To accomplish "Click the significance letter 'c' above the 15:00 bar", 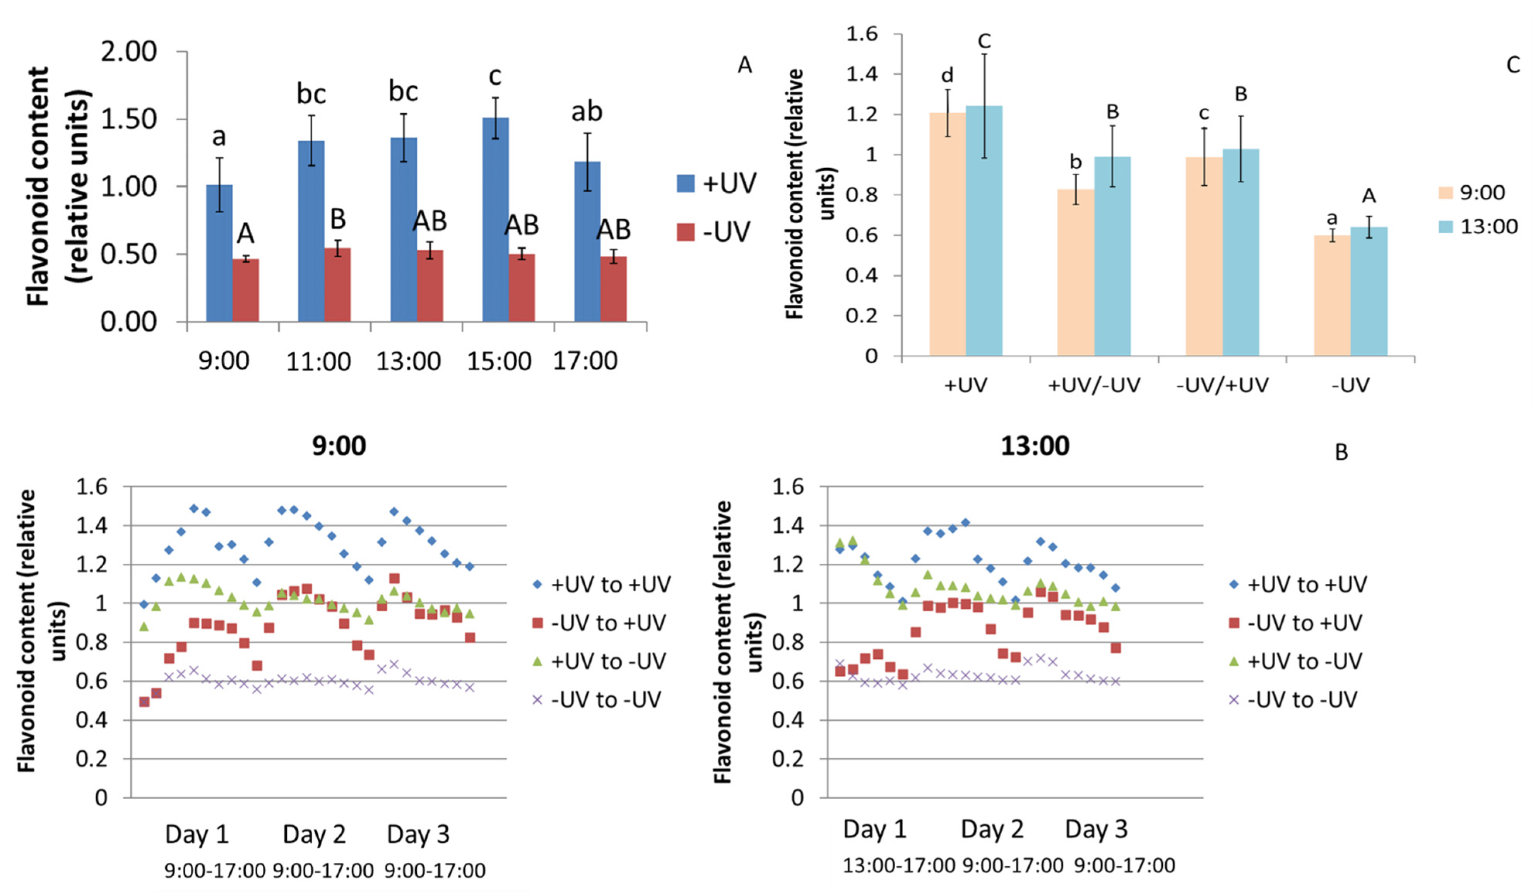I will pos(495,76).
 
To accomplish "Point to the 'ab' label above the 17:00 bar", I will pos(587,112).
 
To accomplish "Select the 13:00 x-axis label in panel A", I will pos(408,361).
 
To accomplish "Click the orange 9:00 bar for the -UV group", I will pos(1332,296).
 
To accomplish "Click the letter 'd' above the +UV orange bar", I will pos(947,76).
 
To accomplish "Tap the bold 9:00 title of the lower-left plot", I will pos(339,446).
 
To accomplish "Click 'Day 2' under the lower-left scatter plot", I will pos(314,834).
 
